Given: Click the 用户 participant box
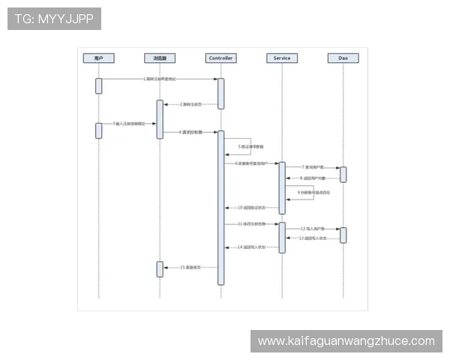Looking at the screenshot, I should [98, 58].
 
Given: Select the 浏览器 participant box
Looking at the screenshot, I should [160, 58].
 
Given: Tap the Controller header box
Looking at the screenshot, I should [221, 58].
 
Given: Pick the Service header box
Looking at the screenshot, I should [282, 58].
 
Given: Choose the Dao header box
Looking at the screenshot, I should [343, 58].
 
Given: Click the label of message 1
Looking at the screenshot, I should [160, 79].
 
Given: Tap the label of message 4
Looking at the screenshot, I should [191, 132].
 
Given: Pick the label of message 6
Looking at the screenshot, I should [250, 163].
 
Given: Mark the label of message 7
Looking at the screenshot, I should [313, 167].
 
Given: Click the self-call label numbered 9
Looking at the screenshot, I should [313, 193].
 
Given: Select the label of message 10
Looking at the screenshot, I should [251, 207].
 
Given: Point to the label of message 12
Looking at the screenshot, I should [313, 228].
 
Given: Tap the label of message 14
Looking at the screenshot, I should [251, 247].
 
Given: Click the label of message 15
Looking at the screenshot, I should [190, 267].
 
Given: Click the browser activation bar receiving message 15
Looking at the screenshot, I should [160, 269].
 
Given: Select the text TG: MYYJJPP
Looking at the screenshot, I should [54, 19].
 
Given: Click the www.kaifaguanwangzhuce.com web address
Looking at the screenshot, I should [346, 341].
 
